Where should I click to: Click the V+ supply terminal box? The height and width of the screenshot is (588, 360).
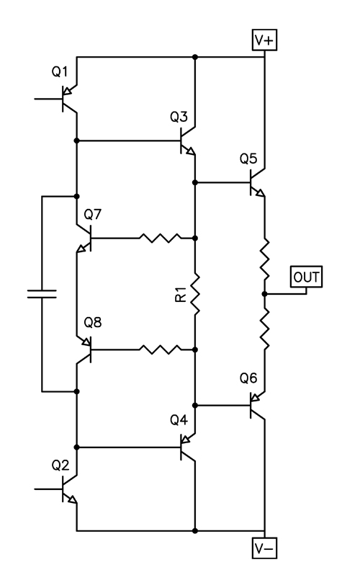(x=264, y=40)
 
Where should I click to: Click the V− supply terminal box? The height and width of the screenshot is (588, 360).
(x=264, y=548)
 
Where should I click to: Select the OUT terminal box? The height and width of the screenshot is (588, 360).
(x=306, y=277)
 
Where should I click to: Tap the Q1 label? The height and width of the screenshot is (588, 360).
(x=60, y=71)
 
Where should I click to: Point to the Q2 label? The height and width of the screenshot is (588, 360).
(x=60, y=465)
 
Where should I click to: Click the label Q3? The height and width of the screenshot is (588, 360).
(x=179, y=117)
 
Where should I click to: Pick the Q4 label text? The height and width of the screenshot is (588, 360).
(x=179, y=419)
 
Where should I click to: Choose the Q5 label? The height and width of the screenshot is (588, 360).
(x=248, y=159)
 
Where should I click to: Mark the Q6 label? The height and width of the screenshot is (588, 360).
(x=248, y=378)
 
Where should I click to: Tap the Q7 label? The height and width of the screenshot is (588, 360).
(x=93, y=214)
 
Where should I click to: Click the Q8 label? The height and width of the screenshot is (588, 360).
(x=93, y=322)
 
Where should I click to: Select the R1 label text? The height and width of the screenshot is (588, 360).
(x=181, y=295)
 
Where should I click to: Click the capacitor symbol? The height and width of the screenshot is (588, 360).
(x=42, y=293)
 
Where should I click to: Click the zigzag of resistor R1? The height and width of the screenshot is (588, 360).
(x=195, y=293)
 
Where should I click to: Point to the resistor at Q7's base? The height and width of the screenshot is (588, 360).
(x=160, y=238)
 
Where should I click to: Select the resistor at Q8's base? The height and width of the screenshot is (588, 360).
(x=160, y=349)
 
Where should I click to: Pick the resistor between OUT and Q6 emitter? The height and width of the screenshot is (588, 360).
(x=264, y=329)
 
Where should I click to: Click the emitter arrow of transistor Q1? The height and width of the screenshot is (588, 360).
(x=68, y=91)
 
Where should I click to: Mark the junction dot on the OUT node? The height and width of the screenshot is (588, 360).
(x=264, y=294)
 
